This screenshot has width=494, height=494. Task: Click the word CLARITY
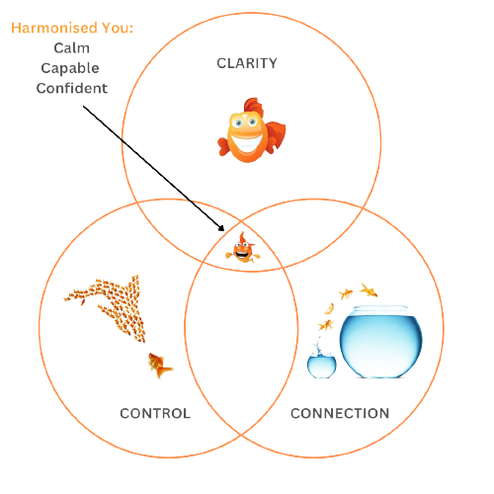pyautogui.click(x=247, y=63)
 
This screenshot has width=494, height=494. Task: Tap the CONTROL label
pyautogui.click(x=155, y=413)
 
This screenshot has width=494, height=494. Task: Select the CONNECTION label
pyautogui.click(x=340, y=413)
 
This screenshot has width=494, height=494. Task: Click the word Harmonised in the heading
pyautogui.click(x=54, y=28)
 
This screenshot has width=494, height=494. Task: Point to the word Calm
pyautogui.click(x=72, y=48)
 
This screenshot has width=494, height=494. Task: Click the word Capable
pyautogui.click(x=70, y=68)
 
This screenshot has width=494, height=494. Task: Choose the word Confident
pyautogui.click(x=72, y=88)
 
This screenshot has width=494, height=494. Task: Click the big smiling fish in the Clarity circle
pyautogui.click(x=252, y=130)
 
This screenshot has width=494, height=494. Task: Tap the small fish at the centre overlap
pyautogui.click(x=243, y=248)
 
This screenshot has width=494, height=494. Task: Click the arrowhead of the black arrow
pyautogui.click(x=221, y=228)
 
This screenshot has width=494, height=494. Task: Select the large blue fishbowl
pyautogui.click(x=381, y=342)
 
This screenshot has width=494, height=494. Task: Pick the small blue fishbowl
pyautogui.click(x=322, y=367)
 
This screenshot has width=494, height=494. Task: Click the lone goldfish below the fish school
pyautogui.click(x=160, y=366)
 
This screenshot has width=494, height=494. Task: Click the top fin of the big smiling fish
pyautogui.click(x=254, y=106)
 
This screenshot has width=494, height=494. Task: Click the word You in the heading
pyautogui.click(x=116, y=28)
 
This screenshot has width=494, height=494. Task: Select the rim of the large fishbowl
pyautogui.click(x=380, y=308)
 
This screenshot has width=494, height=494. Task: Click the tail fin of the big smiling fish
pyautogui.click(x=276, y=134)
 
